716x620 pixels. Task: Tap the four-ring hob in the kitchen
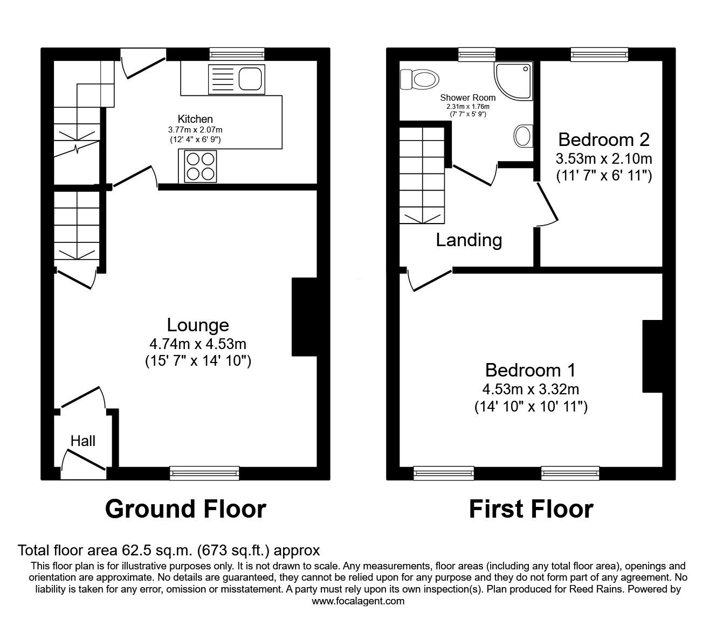click(201, 165)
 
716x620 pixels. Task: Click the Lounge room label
click(198, 325)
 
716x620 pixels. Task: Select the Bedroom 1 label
click(530, 370)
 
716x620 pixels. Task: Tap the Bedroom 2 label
click(603, 140)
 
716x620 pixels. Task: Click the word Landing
click(469, 240)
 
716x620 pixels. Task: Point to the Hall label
click(83, 441)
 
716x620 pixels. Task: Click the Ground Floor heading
click(185, 508)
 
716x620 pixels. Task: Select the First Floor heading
click(531, 508)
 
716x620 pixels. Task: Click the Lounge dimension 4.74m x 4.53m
click(198, 344)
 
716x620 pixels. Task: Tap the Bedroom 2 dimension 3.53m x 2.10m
click(603, 158)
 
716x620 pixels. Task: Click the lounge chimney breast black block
click(304, 317)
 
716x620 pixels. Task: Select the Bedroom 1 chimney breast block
click(652, 356)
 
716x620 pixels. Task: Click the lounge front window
click(204, 473)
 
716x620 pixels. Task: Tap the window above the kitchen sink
click(237, 53)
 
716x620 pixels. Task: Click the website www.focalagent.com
click(358, 601)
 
